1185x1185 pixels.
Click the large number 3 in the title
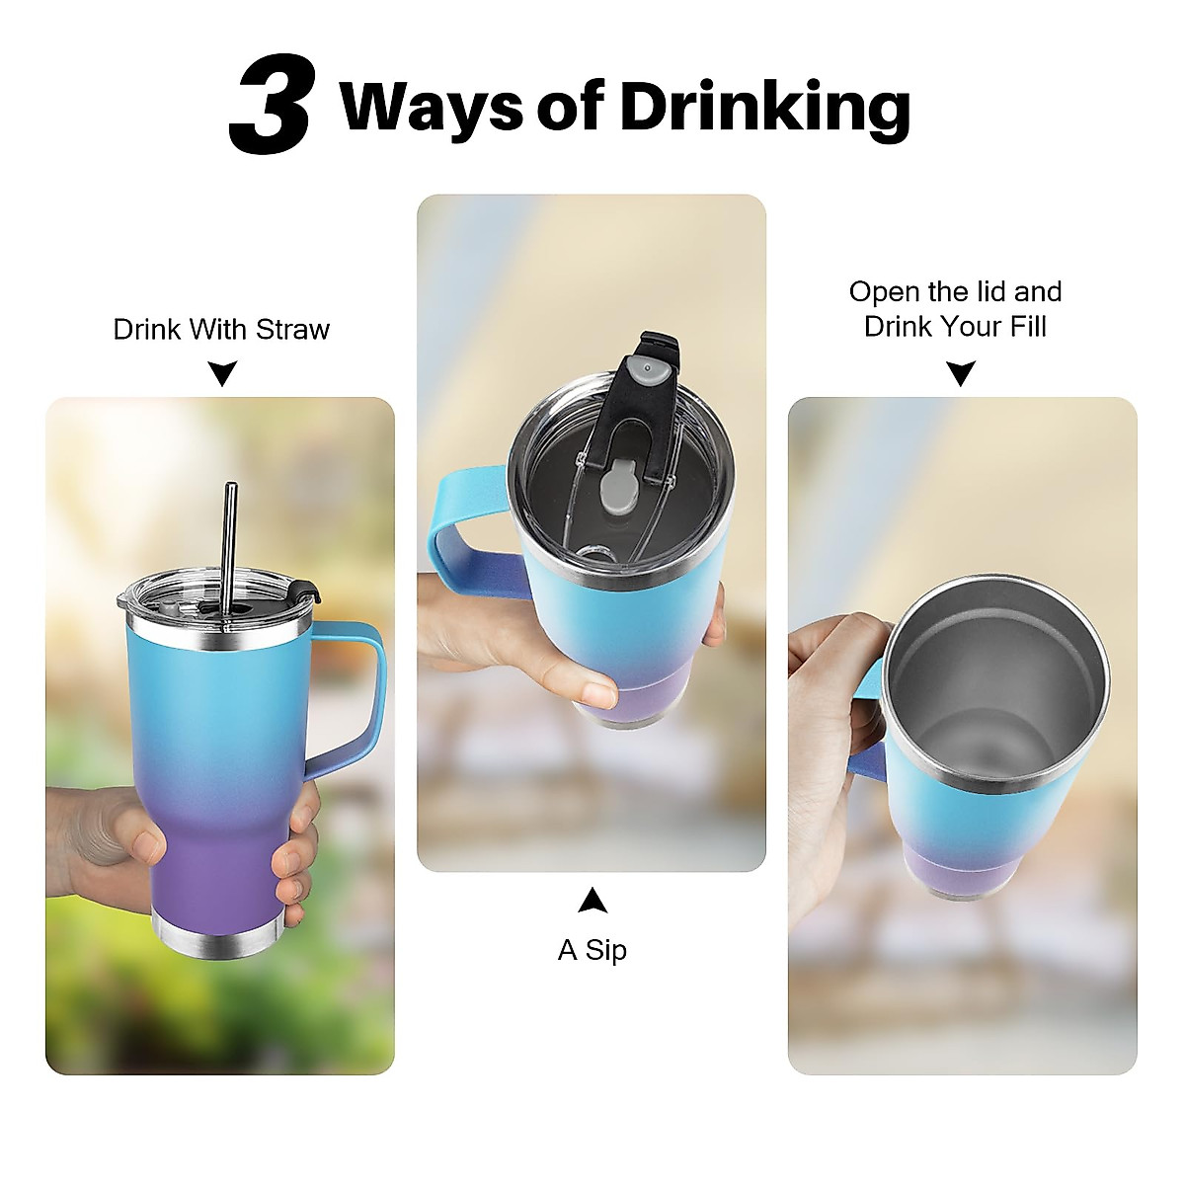271,108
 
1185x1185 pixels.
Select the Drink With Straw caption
221,329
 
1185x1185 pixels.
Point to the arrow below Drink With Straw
224,373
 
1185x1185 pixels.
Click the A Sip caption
592,950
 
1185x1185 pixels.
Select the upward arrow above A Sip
592,900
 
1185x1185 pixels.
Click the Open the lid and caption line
955,292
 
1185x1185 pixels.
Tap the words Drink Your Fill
955,326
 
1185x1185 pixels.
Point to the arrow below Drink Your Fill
960,372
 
